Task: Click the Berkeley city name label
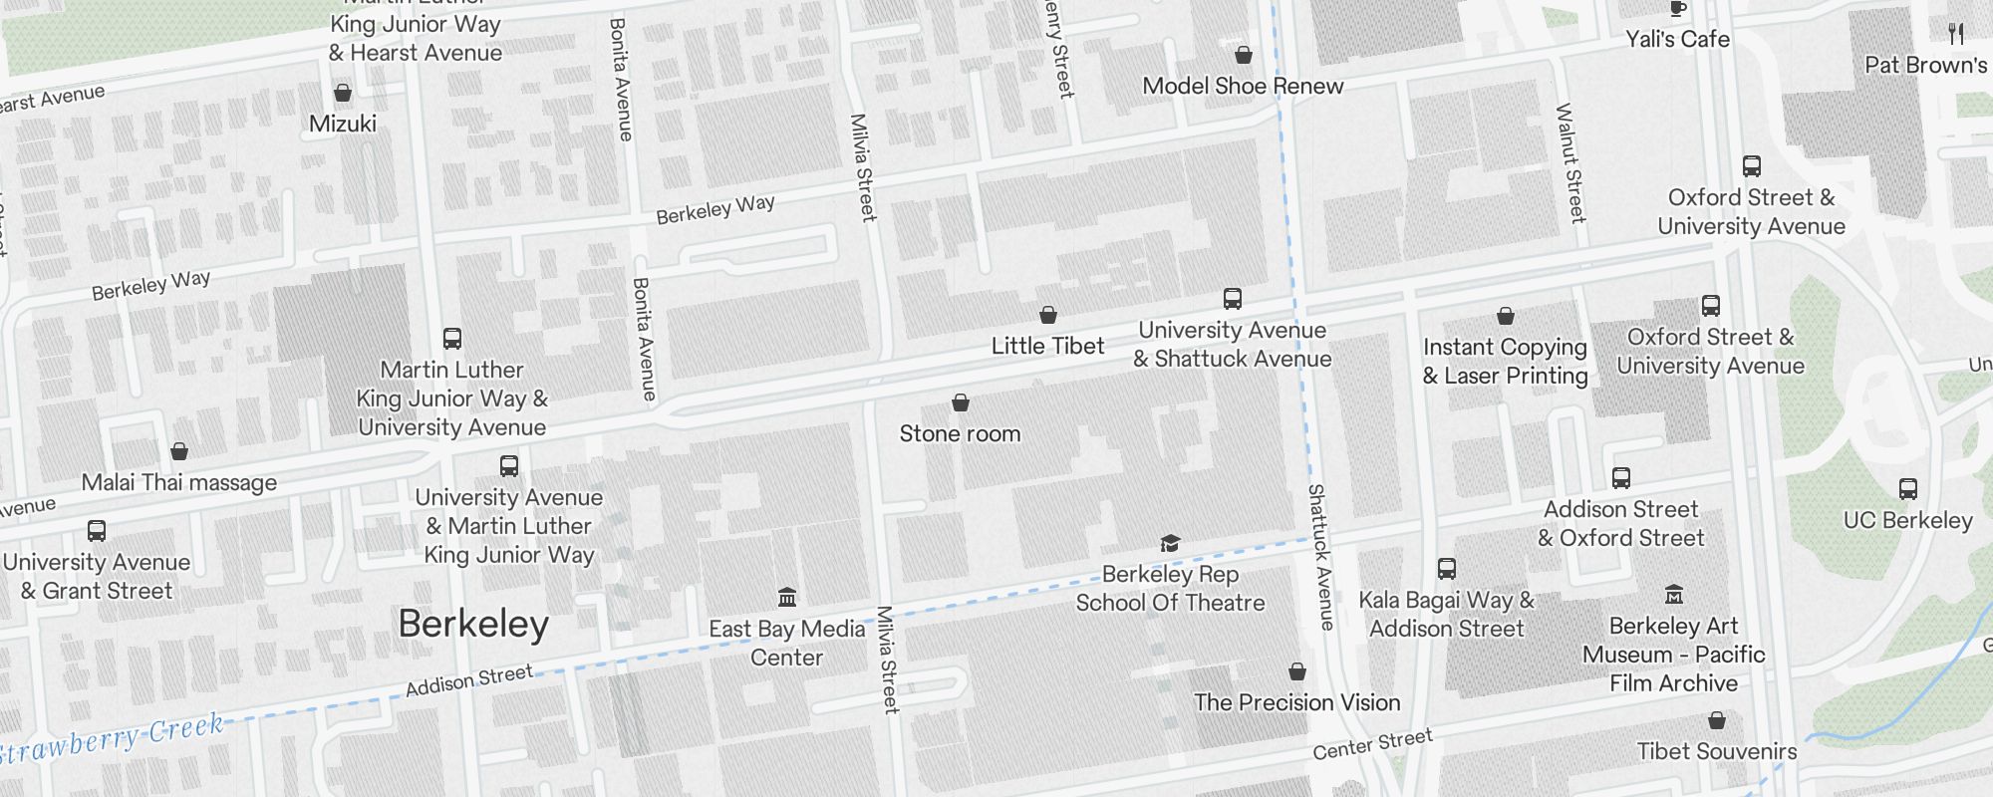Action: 473,625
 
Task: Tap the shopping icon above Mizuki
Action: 343,93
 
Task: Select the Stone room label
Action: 960,433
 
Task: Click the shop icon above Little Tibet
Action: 1048,315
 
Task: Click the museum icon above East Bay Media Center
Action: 787,597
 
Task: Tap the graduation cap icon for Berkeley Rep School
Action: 1170,543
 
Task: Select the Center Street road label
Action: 1372,744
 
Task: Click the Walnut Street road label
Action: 1570,162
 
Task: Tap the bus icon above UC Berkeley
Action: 1907,489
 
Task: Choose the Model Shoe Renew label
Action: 1243,86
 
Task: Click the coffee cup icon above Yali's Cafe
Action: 1677,9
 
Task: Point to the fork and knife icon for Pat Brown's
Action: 1956,34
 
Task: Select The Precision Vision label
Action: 1296,702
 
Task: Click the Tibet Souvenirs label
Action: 1716,751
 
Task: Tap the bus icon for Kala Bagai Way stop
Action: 1447,569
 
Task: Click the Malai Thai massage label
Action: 179,483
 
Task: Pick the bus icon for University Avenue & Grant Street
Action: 97,531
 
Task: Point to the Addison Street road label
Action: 468,680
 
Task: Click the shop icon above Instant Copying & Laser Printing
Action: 1506,316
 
